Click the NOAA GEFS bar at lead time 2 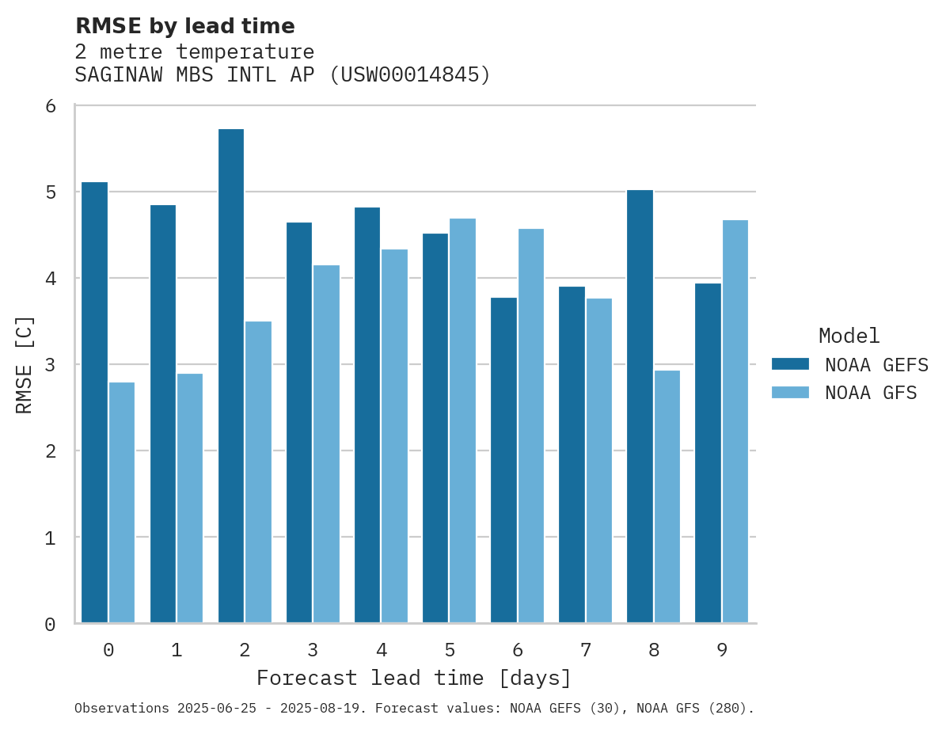click(x=231, y=376)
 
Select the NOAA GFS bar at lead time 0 click(x=122, y=503)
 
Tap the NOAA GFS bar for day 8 click(x=667, y=496)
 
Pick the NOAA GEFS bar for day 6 click(x=503, y=460)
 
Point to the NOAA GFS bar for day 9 click(x=735, y=421)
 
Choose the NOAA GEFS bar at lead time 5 click(x=435, y=428)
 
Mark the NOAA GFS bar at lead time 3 click(x=326, y=443)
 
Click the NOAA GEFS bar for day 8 click(x=640, y=406)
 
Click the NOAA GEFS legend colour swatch click(x=790, y=363)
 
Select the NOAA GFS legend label click(x=871, y=393)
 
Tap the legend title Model click(x=849, y=336)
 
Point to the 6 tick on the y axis click(x=51, y=106)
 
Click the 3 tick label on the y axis click(x=51, y=365)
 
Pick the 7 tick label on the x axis click(x=586, y=650)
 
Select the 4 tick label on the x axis click(x=382, y=650)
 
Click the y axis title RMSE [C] click(x=25, y=364)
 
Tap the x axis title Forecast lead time click(x=414, y=679)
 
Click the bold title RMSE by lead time click(x=184, y=26)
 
